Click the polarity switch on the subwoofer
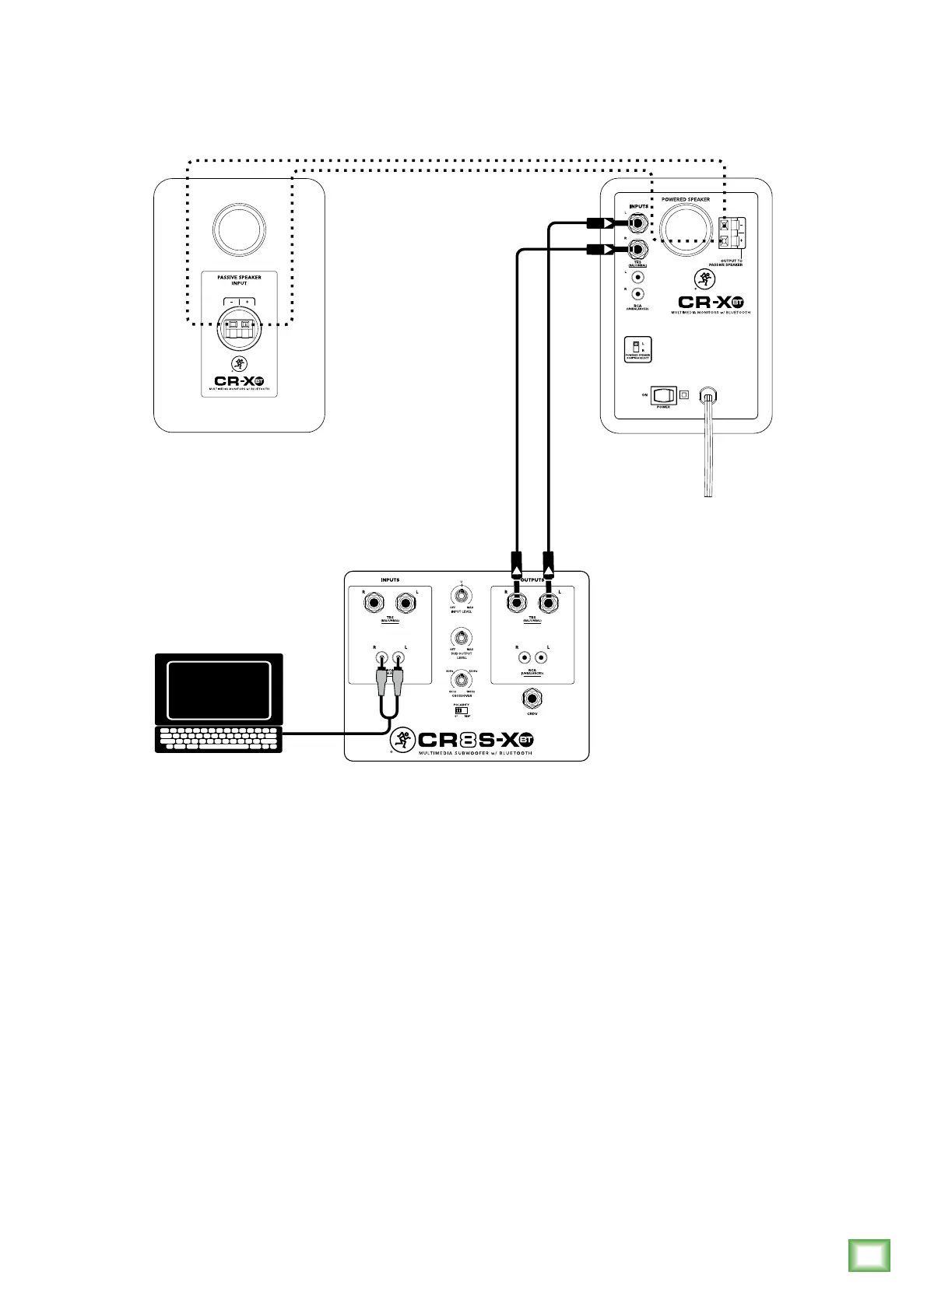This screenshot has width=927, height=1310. (x=459, y=710)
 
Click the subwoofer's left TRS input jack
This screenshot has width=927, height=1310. (x=405, y=603)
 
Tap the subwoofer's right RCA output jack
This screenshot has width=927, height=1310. (x=525, y=657)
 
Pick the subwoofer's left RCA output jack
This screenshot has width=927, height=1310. (x=542, y=657)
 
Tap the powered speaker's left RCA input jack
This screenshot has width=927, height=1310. (x=638, y=276)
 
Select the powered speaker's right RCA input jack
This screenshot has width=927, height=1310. (x=638, y=294)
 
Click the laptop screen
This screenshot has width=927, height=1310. (x=219, y=690)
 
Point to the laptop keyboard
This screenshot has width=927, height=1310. (x=219, y=739)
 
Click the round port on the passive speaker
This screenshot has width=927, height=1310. (x=239, y=228)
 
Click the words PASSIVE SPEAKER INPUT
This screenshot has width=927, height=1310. (x=239, y=280)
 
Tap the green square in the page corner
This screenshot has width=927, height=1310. (x=869, y=1255)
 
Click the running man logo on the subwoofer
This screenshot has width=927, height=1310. (x=403, y=739)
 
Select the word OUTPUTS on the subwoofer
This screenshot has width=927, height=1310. (x=532, y=580)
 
